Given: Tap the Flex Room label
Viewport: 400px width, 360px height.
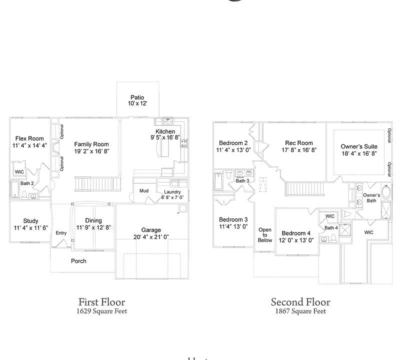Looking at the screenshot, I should click(29, 138).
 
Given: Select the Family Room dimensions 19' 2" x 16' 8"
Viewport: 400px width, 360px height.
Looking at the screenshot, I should click(91, 151).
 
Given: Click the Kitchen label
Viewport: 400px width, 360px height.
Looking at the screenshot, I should click(164, 131).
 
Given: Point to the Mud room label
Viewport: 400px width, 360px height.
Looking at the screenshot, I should click(144, 190).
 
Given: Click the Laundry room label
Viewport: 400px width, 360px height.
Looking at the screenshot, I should click(172, 192).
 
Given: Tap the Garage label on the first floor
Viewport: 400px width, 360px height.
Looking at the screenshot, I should click(151, 230).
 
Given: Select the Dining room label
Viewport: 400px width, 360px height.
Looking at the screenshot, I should click(93, 220).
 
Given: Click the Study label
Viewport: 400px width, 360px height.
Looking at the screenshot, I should click(30, 221).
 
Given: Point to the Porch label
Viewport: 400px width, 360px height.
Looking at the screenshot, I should click(78, 261).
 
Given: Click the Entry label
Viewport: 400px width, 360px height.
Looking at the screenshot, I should click(61, 233).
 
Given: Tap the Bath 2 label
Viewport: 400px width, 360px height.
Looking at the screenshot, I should click(27, 183).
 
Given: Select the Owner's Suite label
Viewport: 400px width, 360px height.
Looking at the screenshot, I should click(359, 146).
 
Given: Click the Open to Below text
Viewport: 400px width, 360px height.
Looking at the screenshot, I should click(265, 235).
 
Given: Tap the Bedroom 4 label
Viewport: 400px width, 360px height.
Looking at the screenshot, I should click(296, 233).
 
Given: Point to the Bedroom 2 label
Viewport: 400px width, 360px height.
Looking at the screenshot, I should click(232, 143).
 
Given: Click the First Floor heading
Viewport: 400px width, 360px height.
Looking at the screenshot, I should click(102, 302).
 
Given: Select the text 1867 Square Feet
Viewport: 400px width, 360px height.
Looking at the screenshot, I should click(300, 311).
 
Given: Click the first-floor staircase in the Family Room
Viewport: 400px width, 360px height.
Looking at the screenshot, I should click(97, 184).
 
